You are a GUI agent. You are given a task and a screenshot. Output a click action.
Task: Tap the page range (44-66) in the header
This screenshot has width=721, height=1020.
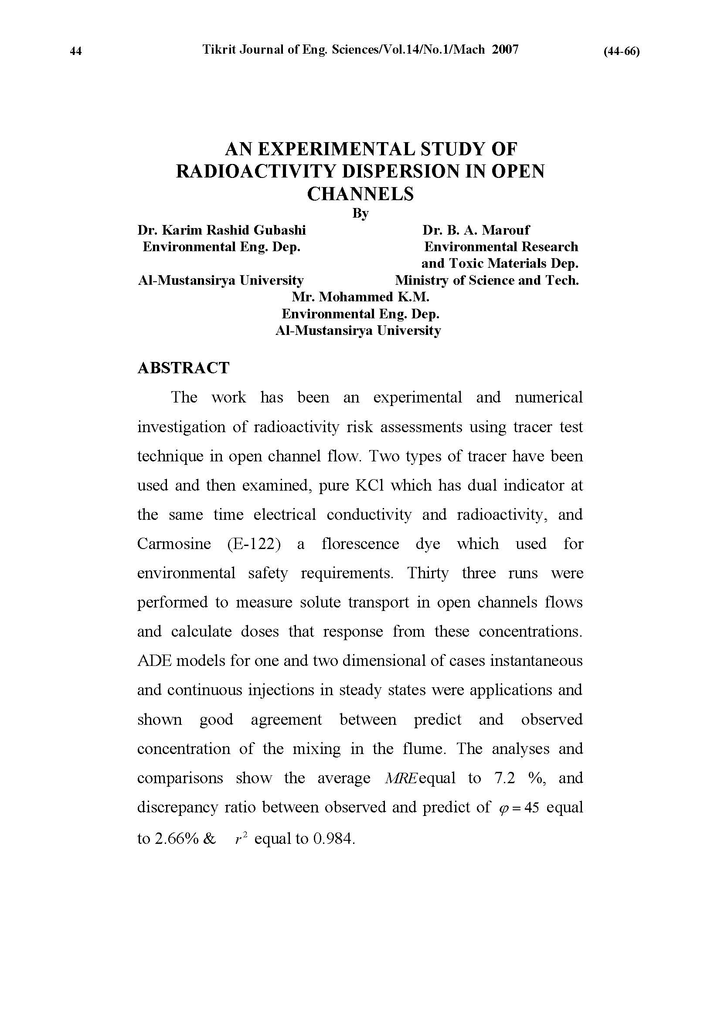click(x=621, y=51)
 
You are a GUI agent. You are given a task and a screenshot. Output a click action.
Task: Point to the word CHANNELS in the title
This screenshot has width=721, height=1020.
click(x=360, y=194)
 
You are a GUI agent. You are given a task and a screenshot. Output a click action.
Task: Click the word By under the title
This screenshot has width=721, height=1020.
click(x=360, y=214)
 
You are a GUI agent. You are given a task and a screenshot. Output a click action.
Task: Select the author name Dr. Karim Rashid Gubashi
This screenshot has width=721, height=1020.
click(x=221, y=230)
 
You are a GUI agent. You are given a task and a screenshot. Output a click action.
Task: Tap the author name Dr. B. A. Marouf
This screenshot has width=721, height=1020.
click(x=476, y=230)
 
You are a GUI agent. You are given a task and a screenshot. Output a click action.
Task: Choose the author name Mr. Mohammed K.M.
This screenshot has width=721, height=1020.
click(x=360, y=297)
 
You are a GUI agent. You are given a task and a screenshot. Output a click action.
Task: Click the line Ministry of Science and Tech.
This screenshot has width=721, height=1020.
click(x=486, y=280)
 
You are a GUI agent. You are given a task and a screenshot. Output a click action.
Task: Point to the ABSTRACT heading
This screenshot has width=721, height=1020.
click(x=183, y=368)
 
